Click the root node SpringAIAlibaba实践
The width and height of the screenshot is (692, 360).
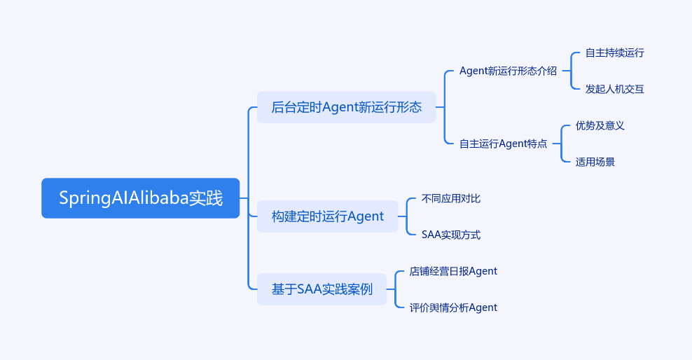click(140, 198)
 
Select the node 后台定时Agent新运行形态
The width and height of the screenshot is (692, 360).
click(346, 107)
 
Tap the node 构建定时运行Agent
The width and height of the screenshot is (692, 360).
click(328, 216)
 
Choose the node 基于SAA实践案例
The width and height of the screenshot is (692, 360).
click(321, 289)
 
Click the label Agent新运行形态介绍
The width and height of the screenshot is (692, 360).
click(508, 71)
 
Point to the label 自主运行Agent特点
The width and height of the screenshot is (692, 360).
click(503, 144)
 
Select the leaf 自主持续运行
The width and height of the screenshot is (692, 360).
click(614, 53)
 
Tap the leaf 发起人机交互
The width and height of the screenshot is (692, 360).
click(614, 89)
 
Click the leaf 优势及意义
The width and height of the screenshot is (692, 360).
click(600, 125)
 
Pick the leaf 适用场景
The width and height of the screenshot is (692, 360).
click(595, 162)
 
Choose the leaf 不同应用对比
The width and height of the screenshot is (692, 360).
click(450, 198)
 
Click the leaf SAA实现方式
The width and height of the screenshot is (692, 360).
click(450, 235)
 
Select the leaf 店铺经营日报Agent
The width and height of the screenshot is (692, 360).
click(453, 271)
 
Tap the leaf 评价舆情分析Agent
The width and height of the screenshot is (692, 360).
click(453, 307)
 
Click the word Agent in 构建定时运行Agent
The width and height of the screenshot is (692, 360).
click(366, 216)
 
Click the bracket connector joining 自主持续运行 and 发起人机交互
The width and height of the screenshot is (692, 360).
click(572, 71)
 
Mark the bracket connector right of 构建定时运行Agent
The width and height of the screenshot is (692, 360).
click(407, 216)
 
